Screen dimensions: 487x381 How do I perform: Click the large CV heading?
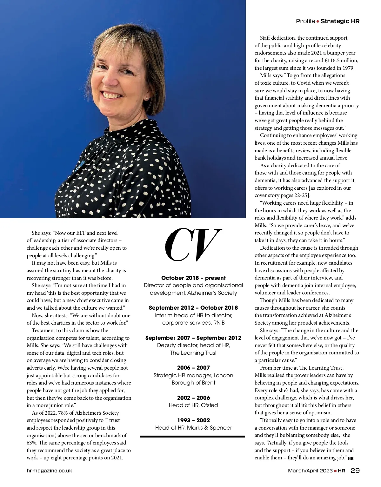click(193, 244)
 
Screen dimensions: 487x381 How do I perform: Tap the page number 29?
click(355, 471)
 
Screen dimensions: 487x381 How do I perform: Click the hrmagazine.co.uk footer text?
click(49, 471)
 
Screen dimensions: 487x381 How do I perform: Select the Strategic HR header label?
click(340, 21)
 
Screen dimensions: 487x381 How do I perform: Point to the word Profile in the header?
click(305, 21)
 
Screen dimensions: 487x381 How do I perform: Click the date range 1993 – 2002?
click(193, 420)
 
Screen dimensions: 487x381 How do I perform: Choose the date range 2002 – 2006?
click(193, 398)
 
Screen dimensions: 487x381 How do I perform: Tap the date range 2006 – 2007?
click(193, 368)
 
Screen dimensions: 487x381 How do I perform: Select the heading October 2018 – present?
click(193, 278)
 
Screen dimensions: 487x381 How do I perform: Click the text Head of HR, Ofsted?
click(193, 405)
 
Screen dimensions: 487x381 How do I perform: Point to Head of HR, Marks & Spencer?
click(193, 428)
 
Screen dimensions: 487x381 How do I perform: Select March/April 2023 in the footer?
click(310, 471)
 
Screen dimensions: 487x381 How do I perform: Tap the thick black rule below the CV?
click(192, 437)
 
